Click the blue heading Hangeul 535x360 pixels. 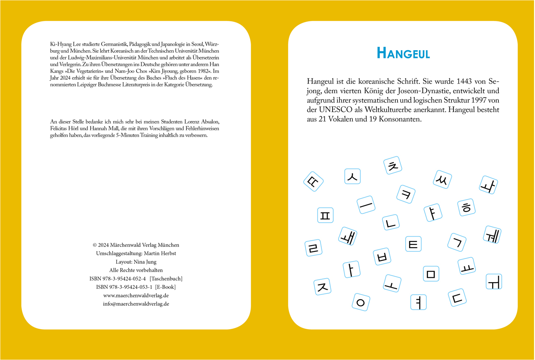[403, 53]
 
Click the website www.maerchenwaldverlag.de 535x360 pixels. [136, 295]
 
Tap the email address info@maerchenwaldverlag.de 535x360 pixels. [136, 304]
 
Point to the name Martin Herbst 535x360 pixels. [158, 253]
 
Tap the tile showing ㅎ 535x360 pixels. [466, 208]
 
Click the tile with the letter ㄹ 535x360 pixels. [314, 248]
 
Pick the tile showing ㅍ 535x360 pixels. [325, 215]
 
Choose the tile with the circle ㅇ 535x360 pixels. [361, 302]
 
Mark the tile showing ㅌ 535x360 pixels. [414, 244]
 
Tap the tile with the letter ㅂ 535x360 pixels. [381, 257]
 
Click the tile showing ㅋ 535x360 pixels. [406, 194]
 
